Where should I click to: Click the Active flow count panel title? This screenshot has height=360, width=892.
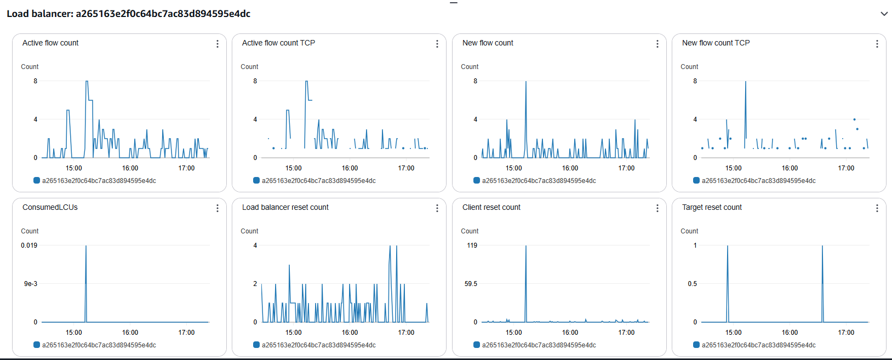[x=50, y=43]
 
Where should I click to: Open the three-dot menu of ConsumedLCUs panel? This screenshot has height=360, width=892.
[x=218, y=208]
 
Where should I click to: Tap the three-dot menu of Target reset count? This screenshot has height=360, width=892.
[x=877, y=208]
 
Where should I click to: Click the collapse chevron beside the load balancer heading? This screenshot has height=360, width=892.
[x=884, y=14]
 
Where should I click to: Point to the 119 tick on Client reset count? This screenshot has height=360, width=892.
[x=472, y=245]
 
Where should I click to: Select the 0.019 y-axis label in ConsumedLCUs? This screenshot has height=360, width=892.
[x=29, y=245]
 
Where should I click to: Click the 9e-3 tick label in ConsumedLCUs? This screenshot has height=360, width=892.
[x=31, y=284]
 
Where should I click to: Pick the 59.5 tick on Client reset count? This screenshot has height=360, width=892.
[x=471, y=284]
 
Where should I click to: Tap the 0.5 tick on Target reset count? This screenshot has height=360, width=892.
[x=693, y=284]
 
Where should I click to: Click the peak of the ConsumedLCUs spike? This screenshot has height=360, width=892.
[x=86, y=246]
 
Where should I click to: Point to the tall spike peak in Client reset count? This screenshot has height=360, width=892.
[x=526, y=246]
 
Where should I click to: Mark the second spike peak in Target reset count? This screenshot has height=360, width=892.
[x=822, y=246]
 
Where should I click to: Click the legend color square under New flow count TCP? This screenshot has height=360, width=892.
[x=696, y=180]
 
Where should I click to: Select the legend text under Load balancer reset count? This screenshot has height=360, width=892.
[x=318, y=345]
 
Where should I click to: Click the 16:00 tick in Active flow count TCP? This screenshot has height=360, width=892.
[x=350, y=168]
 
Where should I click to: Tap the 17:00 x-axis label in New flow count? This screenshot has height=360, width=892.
[x=626, y=168]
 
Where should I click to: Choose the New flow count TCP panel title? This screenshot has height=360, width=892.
[x=716, y=43]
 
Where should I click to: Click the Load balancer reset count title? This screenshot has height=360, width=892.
[x=285, y=207]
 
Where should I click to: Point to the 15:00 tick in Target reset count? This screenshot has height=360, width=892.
[x=733, y=333]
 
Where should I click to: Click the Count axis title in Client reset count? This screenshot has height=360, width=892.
[x=470, y=231]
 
